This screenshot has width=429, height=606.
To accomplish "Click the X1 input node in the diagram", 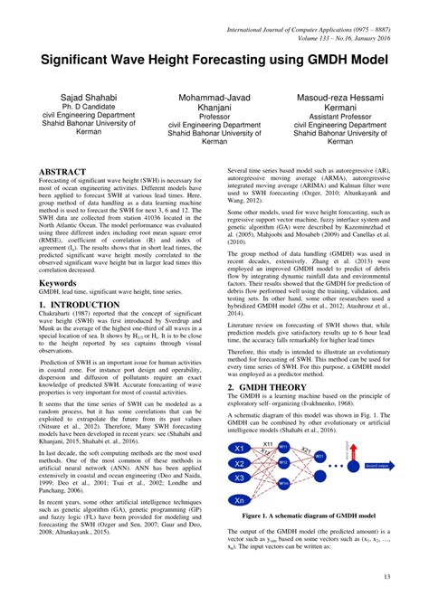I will click(240, 449).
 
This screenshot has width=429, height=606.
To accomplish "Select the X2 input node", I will click(240, 462).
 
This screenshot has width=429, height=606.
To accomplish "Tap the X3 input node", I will click(240, 477).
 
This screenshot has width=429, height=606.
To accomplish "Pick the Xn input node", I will click(240, 500).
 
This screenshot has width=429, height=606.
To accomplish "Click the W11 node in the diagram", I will click(283, 447).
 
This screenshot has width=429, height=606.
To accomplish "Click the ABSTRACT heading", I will click(62, 172).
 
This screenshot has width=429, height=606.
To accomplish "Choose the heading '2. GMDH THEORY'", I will click(266, 386).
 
